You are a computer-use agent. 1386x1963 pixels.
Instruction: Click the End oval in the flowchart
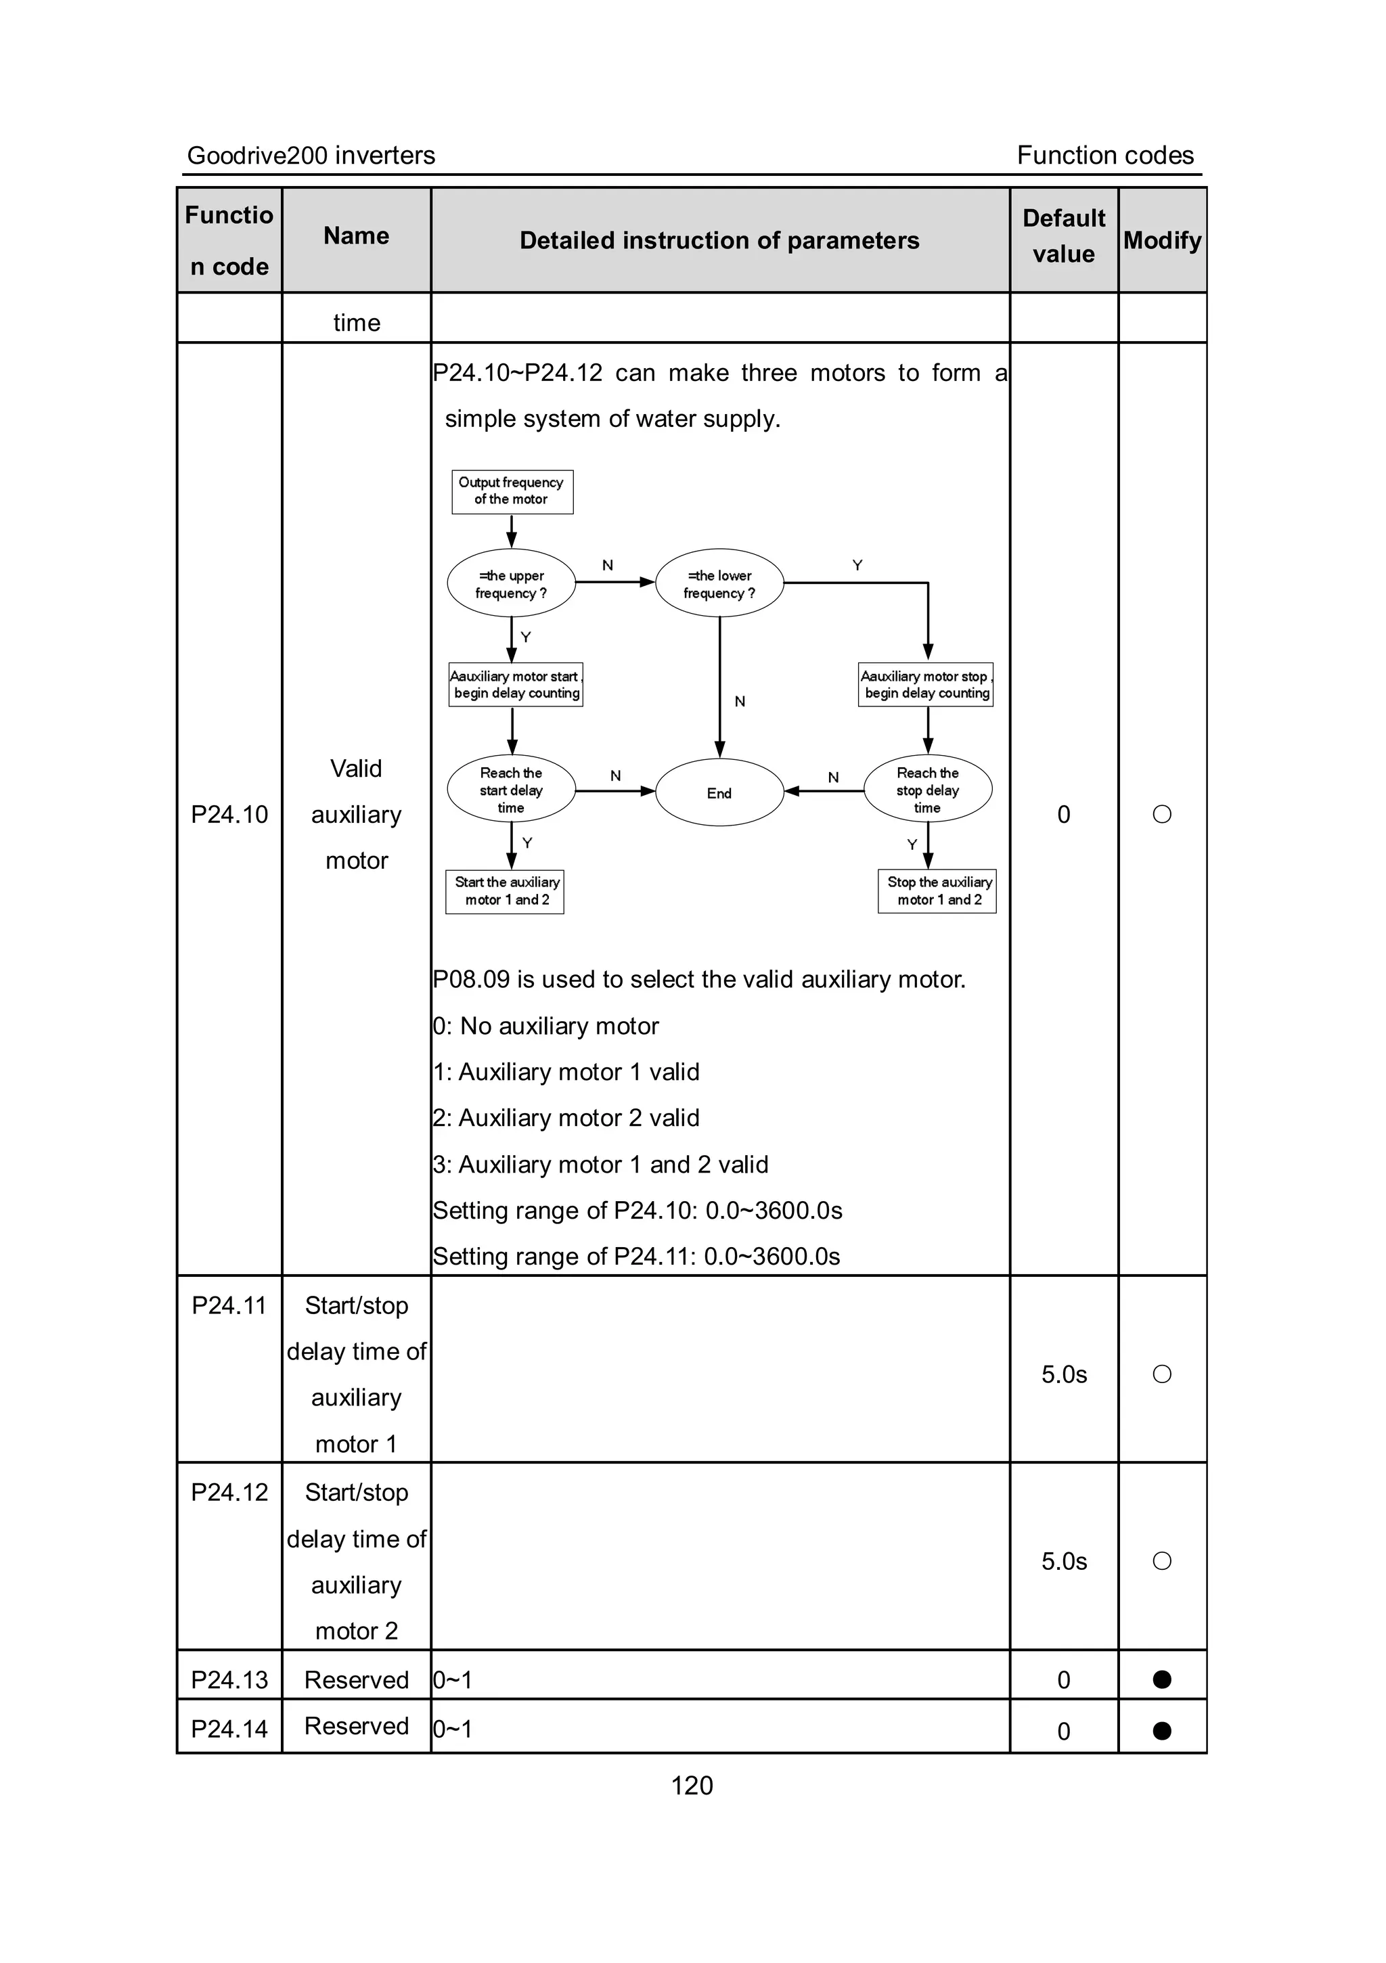[719, 792]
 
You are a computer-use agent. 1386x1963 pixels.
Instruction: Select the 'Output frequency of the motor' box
[512, 492]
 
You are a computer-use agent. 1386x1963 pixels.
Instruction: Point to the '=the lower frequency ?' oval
[719, 584]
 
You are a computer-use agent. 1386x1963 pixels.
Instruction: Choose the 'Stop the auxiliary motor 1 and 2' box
[937, 891]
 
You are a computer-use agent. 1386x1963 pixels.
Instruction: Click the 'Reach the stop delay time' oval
[928, 789]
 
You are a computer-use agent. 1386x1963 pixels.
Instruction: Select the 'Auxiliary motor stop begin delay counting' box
[925, 685]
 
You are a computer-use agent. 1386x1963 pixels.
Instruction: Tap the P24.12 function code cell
[229, 1493]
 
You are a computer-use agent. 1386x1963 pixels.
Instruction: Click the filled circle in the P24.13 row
[1162, 1679]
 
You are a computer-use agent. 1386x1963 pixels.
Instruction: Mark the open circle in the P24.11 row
[1162, 1374]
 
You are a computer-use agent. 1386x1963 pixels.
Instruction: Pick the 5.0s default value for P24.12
[1064, 1561]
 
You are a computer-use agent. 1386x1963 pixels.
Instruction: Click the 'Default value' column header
[1064, 237]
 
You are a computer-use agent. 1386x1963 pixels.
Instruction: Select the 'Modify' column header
[1162, 240]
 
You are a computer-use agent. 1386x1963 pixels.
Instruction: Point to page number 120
[692, 1785]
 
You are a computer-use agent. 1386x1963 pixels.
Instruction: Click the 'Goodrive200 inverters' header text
[311, 156]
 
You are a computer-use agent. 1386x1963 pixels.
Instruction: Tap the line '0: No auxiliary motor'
[545, 1026]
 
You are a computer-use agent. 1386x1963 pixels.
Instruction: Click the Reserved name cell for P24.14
[357, 1726]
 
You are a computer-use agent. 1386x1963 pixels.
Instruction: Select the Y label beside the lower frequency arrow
[857, 565]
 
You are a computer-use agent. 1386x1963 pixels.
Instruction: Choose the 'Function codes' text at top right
[1104, 156]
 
